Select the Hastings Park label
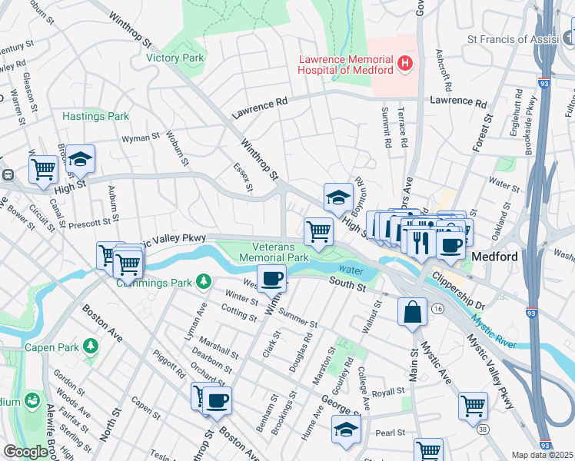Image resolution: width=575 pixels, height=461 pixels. (95, 116)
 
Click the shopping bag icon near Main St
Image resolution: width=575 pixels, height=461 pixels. (413, 312)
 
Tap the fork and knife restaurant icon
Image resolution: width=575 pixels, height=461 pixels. (420, 244)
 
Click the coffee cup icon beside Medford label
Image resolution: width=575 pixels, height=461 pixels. (451, 245)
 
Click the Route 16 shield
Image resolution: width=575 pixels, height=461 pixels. (437, 308)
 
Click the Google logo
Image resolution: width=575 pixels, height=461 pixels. (25, 452)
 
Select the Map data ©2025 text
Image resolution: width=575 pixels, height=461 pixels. (542, 455)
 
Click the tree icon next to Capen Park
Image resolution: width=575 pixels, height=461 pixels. (91, 347)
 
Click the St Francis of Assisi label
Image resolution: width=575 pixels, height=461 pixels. (520, 39)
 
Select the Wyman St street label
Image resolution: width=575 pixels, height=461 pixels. (139, 140)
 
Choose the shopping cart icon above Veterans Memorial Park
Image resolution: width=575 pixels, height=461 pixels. (318, 230)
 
